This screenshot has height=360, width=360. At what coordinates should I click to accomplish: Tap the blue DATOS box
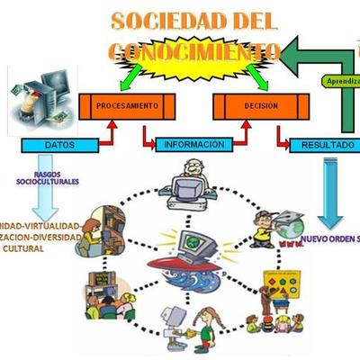coord(58,143)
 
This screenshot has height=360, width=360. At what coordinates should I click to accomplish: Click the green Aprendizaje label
coord(343,80)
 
